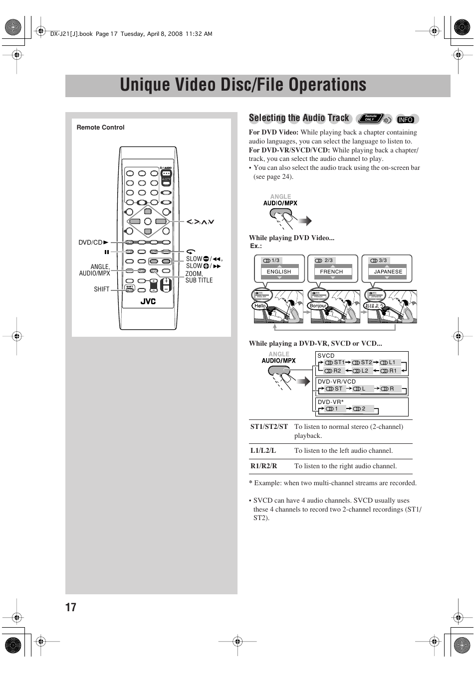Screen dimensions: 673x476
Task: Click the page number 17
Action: click(x=71, y=607)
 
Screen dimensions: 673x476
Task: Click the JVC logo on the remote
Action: click(x=148, y=301)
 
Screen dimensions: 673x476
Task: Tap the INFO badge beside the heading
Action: click(x=406, y=120)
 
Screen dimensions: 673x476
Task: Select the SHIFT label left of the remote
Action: click(x=101, y=289)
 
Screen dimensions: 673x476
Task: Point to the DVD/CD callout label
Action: click(x=91, y=243)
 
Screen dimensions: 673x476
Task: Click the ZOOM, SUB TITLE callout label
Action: click(x=199, y=277)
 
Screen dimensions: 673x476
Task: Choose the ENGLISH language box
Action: click(x=279, y=271)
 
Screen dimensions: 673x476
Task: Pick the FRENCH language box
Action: click(x=331, y=271)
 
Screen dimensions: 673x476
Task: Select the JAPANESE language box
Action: click(x=388, y=271)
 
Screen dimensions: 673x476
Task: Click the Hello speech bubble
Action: click(x=260, y=305)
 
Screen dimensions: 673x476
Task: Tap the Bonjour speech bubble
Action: click(x=318, y=305)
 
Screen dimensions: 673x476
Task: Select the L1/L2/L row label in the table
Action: click(x=263, y=451)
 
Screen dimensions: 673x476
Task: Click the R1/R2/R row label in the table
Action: click(x=263, y=466)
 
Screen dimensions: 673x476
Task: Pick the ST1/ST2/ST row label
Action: click(x=269, y=427)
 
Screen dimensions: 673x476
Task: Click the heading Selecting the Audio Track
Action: click(x=299, y=118)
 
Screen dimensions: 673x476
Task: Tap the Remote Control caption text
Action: click(x=100, y=128)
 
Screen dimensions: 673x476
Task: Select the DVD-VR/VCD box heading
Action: click(x=337, y=382)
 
